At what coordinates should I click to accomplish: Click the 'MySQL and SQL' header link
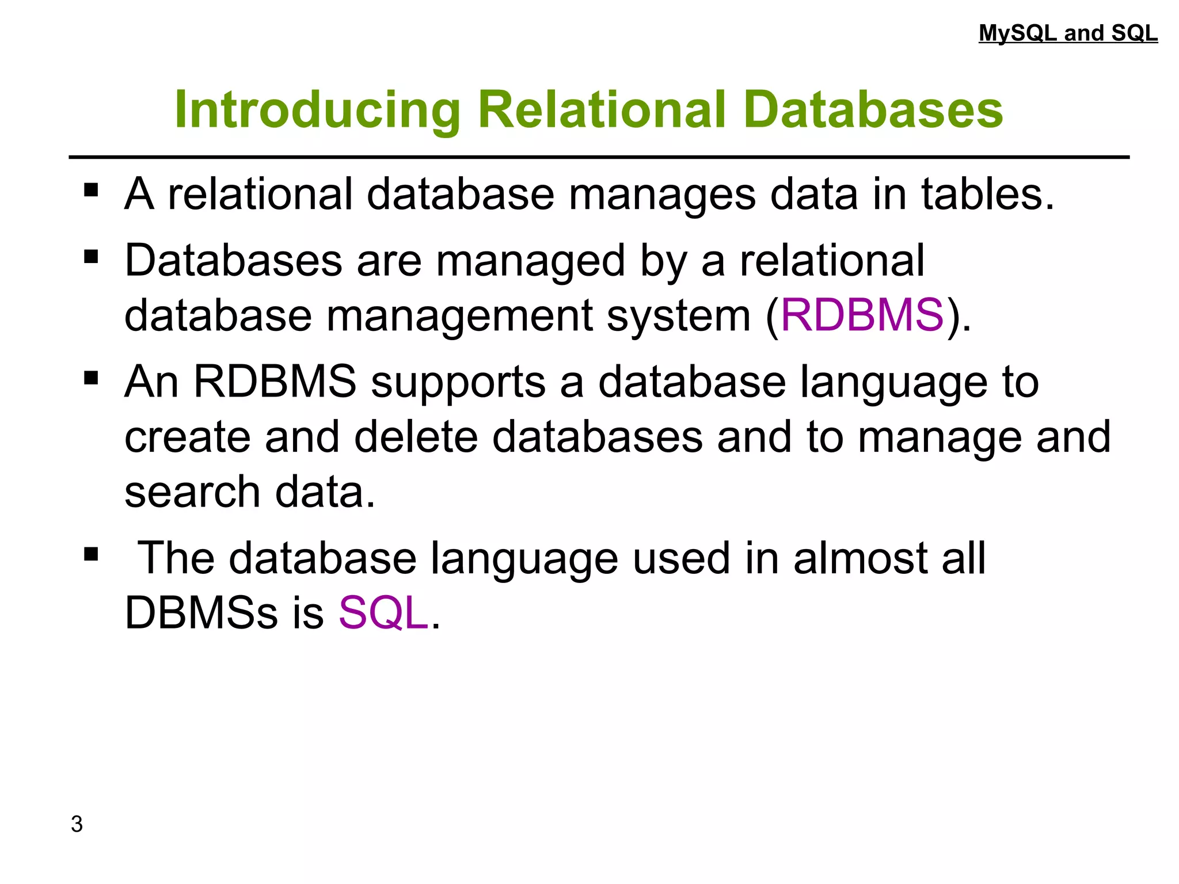click(1068, 33)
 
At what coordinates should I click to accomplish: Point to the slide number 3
click(77, 824)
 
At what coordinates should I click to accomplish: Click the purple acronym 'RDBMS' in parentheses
click(862, 315)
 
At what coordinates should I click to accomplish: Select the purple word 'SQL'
click(383, 612)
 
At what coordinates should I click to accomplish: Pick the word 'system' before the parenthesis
click(679, 317)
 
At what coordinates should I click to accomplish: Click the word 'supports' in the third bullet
click(458, 383)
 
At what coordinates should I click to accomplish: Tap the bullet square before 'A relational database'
click(91, 190)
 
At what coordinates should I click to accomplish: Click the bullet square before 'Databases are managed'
click(91, 257)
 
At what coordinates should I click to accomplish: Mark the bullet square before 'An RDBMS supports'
click(91, 378)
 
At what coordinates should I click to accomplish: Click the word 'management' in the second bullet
click(459, 317)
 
